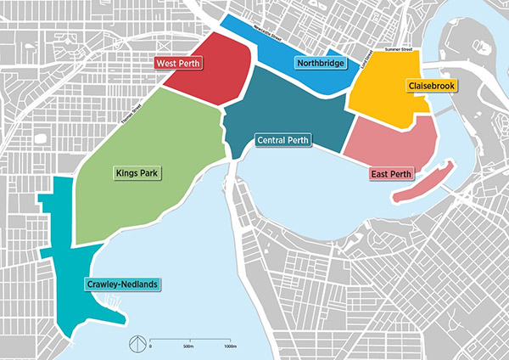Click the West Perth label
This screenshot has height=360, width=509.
178,63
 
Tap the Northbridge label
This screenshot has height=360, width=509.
319,63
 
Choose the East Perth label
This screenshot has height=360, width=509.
391,175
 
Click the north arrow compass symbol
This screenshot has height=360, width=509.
133,344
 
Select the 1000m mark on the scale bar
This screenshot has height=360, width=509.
230,347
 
